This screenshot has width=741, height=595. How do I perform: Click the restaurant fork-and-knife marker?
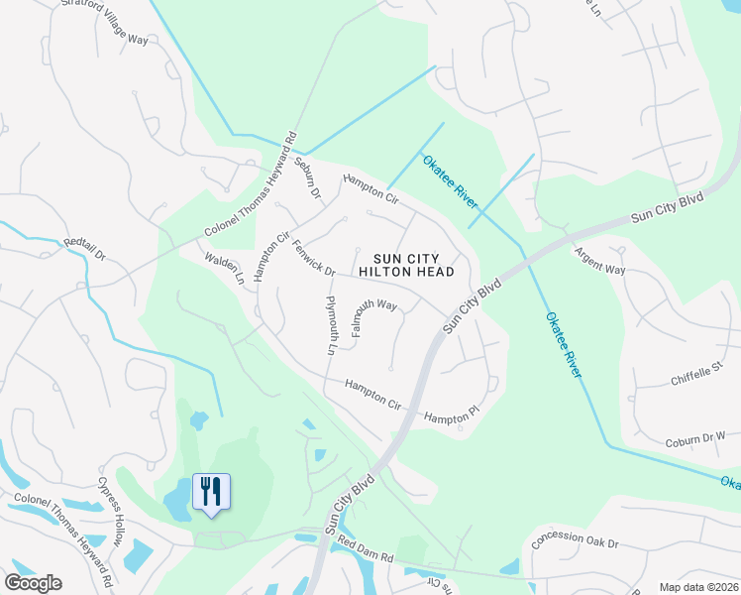click(211, 491)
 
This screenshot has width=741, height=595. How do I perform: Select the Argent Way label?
click(600, 261)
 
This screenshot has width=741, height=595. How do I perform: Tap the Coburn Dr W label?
click(695, 438)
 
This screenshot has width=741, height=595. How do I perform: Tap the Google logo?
click(33, 583)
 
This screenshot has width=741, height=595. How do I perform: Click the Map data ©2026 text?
click(699, 587)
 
